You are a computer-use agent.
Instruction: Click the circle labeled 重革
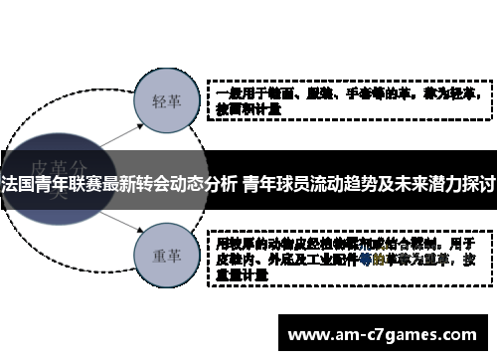tap(165, 254)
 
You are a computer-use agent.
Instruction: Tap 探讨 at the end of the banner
tap(479, 185)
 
